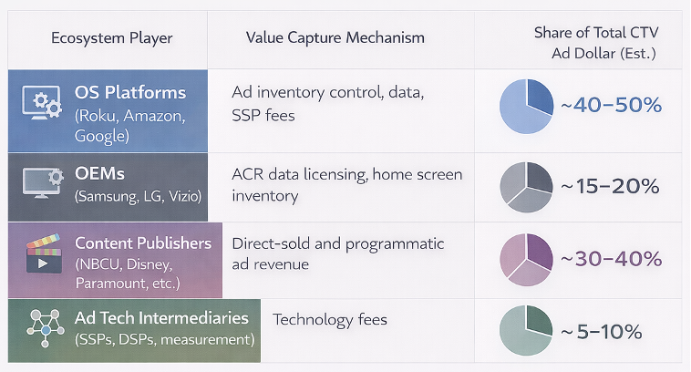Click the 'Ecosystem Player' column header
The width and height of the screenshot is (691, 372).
click(111, 38)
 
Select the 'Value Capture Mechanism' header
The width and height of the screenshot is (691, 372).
click(335, 38)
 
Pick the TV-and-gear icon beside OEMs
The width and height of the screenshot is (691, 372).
click(41, 182)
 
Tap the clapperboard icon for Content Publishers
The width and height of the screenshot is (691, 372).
click(42, 255)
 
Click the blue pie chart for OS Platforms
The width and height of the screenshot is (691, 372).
click(526, 107)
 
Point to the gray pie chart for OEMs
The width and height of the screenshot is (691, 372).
click(526, 186)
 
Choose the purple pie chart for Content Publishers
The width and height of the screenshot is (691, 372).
click(526, 258)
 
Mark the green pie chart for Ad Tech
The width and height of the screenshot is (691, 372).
click(526, 330)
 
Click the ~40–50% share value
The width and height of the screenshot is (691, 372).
click(610, 106)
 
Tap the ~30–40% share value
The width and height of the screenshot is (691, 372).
click(610, 259)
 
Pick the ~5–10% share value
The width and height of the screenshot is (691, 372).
click(602, 331)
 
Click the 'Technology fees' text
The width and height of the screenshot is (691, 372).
click(330, 319)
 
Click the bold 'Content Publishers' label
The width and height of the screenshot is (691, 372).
click(143, 243)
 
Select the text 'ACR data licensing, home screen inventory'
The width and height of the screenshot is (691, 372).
click(346, 184)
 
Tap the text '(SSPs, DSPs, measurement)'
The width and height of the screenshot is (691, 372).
click(164, 339)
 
